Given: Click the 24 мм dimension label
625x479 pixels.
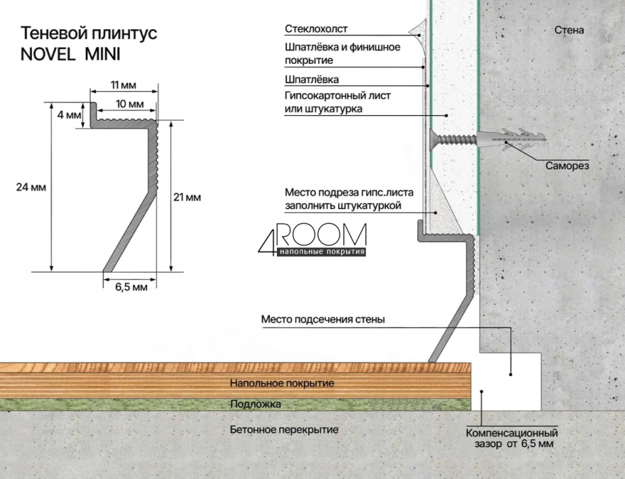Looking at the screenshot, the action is [31, 187].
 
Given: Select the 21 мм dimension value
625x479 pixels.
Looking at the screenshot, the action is [187, 198].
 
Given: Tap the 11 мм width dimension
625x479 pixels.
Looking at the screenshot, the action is [123, 85].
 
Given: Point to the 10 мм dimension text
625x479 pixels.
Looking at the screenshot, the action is [130, 104].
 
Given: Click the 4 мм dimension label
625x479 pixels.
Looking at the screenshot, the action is [69, 115].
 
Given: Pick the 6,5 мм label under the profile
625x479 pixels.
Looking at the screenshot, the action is [131, 287].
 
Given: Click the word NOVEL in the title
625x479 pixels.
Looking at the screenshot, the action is [48, 54].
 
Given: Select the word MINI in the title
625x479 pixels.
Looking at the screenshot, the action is [103, 54].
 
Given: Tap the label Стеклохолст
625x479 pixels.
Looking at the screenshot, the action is [316, 29].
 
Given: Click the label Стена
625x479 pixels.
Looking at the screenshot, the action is [569, 30].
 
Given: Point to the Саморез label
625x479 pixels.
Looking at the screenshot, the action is [567, 166].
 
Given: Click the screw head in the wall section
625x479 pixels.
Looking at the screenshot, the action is [434, 139].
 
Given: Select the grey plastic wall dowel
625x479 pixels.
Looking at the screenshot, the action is [511, 140].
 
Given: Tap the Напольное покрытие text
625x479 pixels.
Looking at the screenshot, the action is [282, 383].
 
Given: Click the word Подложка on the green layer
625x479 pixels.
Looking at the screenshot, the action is [256, 404].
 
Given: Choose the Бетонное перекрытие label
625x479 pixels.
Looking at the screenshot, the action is [284, 430].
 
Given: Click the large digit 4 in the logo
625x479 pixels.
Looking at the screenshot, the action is [267, 239].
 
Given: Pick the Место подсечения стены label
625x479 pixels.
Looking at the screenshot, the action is [323, 319].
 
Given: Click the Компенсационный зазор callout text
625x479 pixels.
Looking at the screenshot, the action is [512, 438].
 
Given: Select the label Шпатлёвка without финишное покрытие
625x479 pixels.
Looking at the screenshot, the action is [312, 79].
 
